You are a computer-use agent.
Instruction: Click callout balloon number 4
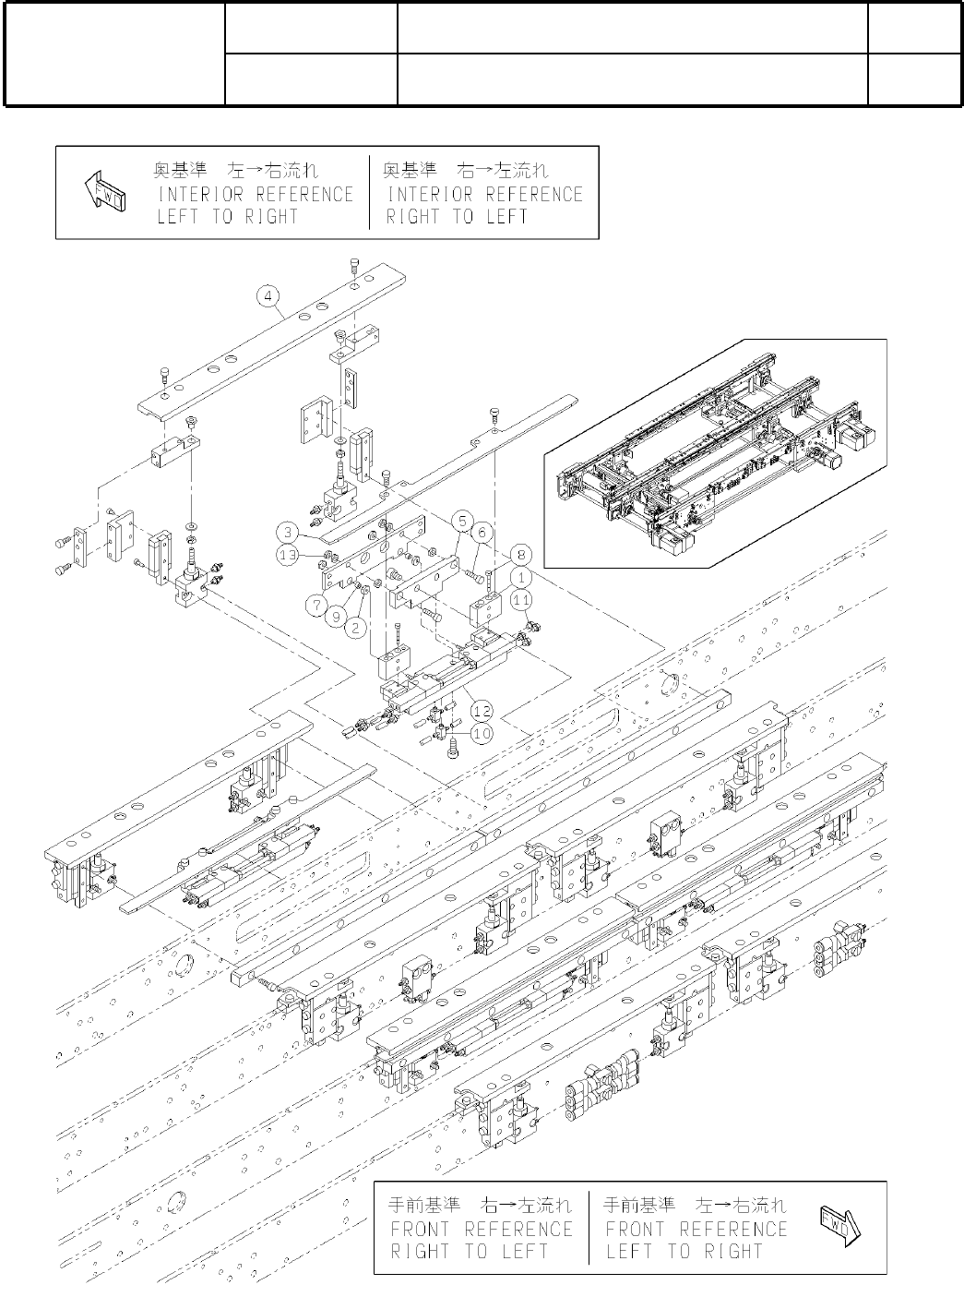267,296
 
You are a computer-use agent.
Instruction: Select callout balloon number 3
290,533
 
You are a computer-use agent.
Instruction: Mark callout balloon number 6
480,533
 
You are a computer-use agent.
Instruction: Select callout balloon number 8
522,555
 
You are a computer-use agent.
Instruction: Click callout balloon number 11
522,599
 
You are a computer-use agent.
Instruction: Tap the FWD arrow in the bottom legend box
840,1228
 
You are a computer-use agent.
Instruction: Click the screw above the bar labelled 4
356,266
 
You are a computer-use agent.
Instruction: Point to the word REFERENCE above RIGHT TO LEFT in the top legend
534,195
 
